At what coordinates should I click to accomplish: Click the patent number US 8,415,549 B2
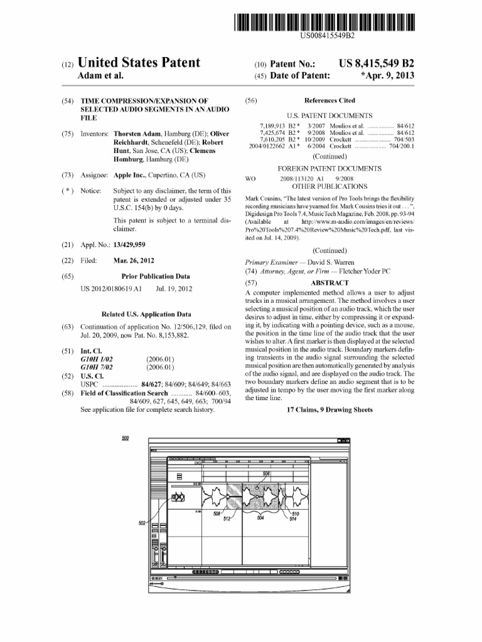[x=377, y=64]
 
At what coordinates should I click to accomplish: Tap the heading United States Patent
[x=139, y=63]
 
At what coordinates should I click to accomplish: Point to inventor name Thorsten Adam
[x=136, y=134]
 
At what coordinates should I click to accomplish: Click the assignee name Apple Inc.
[x=127, y=176]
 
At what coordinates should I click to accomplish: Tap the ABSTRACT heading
[x=329, y=283]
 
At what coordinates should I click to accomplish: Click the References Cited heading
[x=329, y=100]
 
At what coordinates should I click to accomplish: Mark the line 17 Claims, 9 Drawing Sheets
[x=329, y=409]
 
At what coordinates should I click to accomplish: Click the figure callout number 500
[x=126, y=438]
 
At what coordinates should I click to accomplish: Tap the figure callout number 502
[x=142, y=522]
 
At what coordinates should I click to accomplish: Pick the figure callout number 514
[x=292, y=518]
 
